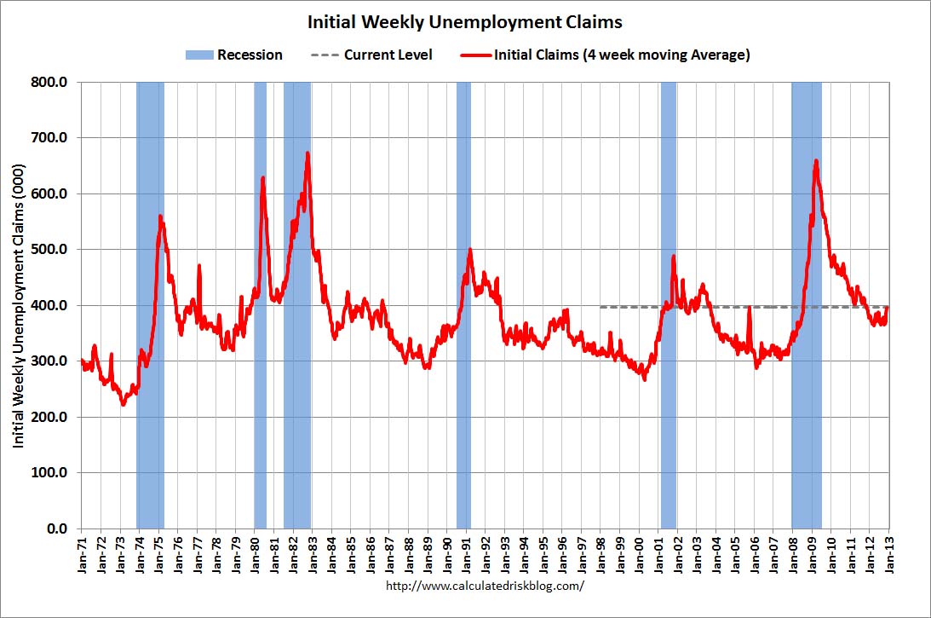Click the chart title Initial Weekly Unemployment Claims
(465, 21)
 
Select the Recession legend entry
(233, 55)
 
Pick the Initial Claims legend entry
(608, 55)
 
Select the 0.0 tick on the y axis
(59, 528)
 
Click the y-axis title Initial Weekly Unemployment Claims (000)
(19, 304)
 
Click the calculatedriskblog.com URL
(486, 586)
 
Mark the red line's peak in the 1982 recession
(307, 153)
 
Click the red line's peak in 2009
(816, 160)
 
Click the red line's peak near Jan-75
(160, 217)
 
